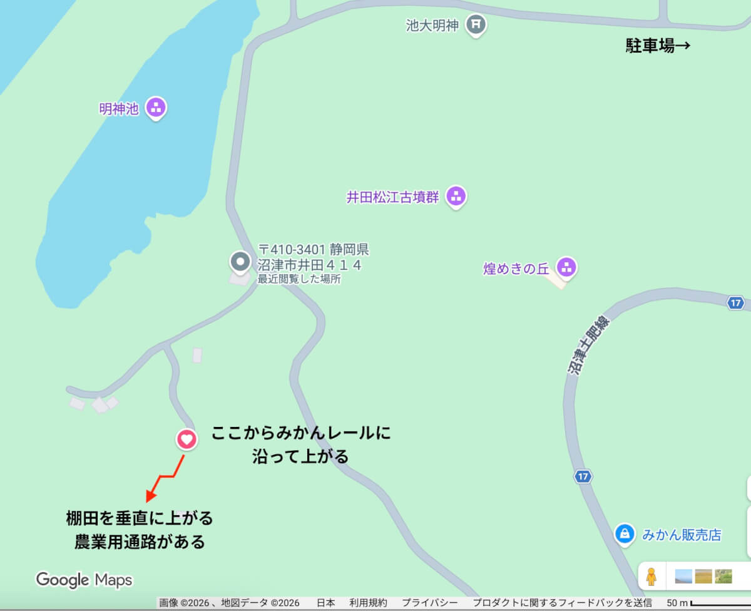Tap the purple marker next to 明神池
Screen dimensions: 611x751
(x=156, y=108)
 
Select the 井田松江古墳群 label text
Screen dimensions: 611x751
(x=393, y=197)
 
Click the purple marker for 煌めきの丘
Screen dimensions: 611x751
(x=566, y=267)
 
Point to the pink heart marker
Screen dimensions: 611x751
(x=186, y=439)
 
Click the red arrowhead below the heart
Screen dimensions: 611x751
(x=150, y=497)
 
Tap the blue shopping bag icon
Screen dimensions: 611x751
(x=624, y=533)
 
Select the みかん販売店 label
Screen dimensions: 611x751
(x=682, y=535)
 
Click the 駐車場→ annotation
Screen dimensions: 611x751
(x=658, y=46)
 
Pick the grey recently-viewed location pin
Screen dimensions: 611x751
(x=239, y=261)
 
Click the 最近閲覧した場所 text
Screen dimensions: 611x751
(x=299, y=279)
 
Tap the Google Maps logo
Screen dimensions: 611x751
(x=84, y=580)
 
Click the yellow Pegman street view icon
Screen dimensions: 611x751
(x=651, y=576)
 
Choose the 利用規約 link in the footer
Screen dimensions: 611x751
(x=368, y=603)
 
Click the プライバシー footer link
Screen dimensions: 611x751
(x=429, y=603)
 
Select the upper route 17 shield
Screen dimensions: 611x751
(x=736, y=303)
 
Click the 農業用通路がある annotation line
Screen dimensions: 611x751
(x=140, y=541)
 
